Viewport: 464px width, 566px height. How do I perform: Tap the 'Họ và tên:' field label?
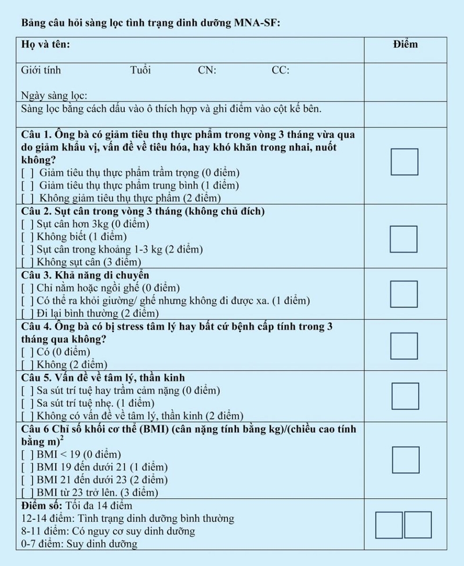(45, 45)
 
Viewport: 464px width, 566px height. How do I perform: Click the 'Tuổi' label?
(140, 71)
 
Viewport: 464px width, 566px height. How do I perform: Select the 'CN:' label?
(207, 71)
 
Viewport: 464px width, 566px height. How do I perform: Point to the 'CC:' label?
(280, 71)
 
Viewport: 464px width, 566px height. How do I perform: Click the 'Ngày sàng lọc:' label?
(54, 96)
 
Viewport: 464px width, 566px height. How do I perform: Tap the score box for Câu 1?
(404, 162)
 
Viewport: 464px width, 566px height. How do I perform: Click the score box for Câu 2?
(404, 239)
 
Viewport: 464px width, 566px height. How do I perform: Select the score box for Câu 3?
(404, 294)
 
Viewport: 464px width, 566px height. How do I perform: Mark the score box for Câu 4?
(404, 346)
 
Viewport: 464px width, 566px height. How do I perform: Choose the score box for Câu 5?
(405, 397)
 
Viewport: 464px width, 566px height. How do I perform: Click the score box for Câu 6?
(405, 460)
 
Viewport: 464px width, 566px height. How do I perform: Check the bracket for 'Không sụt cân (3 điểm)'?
(27, 262)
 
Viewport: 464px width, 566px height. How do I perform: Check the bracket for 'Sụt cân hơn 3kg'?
(27, 224)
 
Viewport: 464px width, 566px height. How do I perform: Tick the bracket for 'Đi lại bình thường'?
(27, 313)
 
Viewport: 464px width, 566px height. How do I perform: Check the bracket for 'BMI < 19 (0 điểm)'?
(27, 454)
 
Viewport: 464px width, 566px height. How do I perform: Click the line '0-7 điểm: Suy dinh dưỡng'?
(79, 544)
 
